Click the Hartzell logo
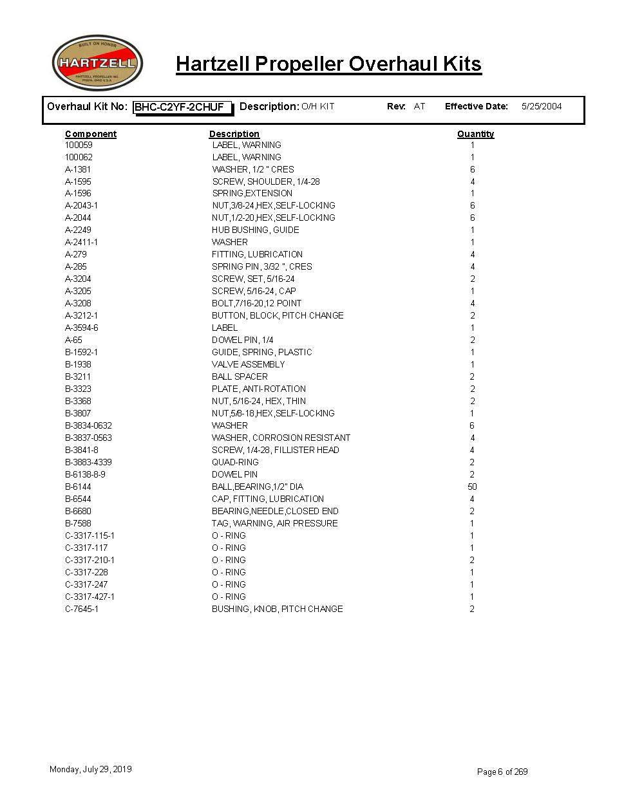(x=97, y=63)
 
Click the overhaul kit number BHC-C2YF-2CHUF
(x=180, y=107)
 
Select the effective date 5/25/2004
(x=541, y=106)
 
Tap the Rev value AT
(x=419, y=106)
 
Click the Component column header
(x=91, y=134)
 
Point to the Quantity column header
(x=475, y=134)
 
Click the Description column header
(x=234, y=134)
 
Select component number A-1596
(x=78, y=193)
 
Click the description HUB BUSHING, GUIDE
(x=255, y=230)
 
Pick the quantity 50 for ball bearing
(x=472, y=487)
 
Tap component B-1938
(x=78, y=364)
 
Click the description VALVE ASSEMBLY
(x=248, y=364)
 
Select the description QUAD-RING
(x=235, y=462)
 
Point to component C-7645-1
(x=82, y=609)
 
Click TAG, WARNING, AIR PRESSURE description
(x=274, y=523)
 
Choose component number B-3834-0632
(x=88, y=425)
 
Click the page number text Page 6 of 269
(x=502, y=772)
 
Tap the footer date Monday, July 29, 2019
(x=90, y=769)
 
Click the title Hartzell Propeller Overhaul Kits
(x=328, y=64)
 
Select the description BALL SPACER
(x=240, y=376)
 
